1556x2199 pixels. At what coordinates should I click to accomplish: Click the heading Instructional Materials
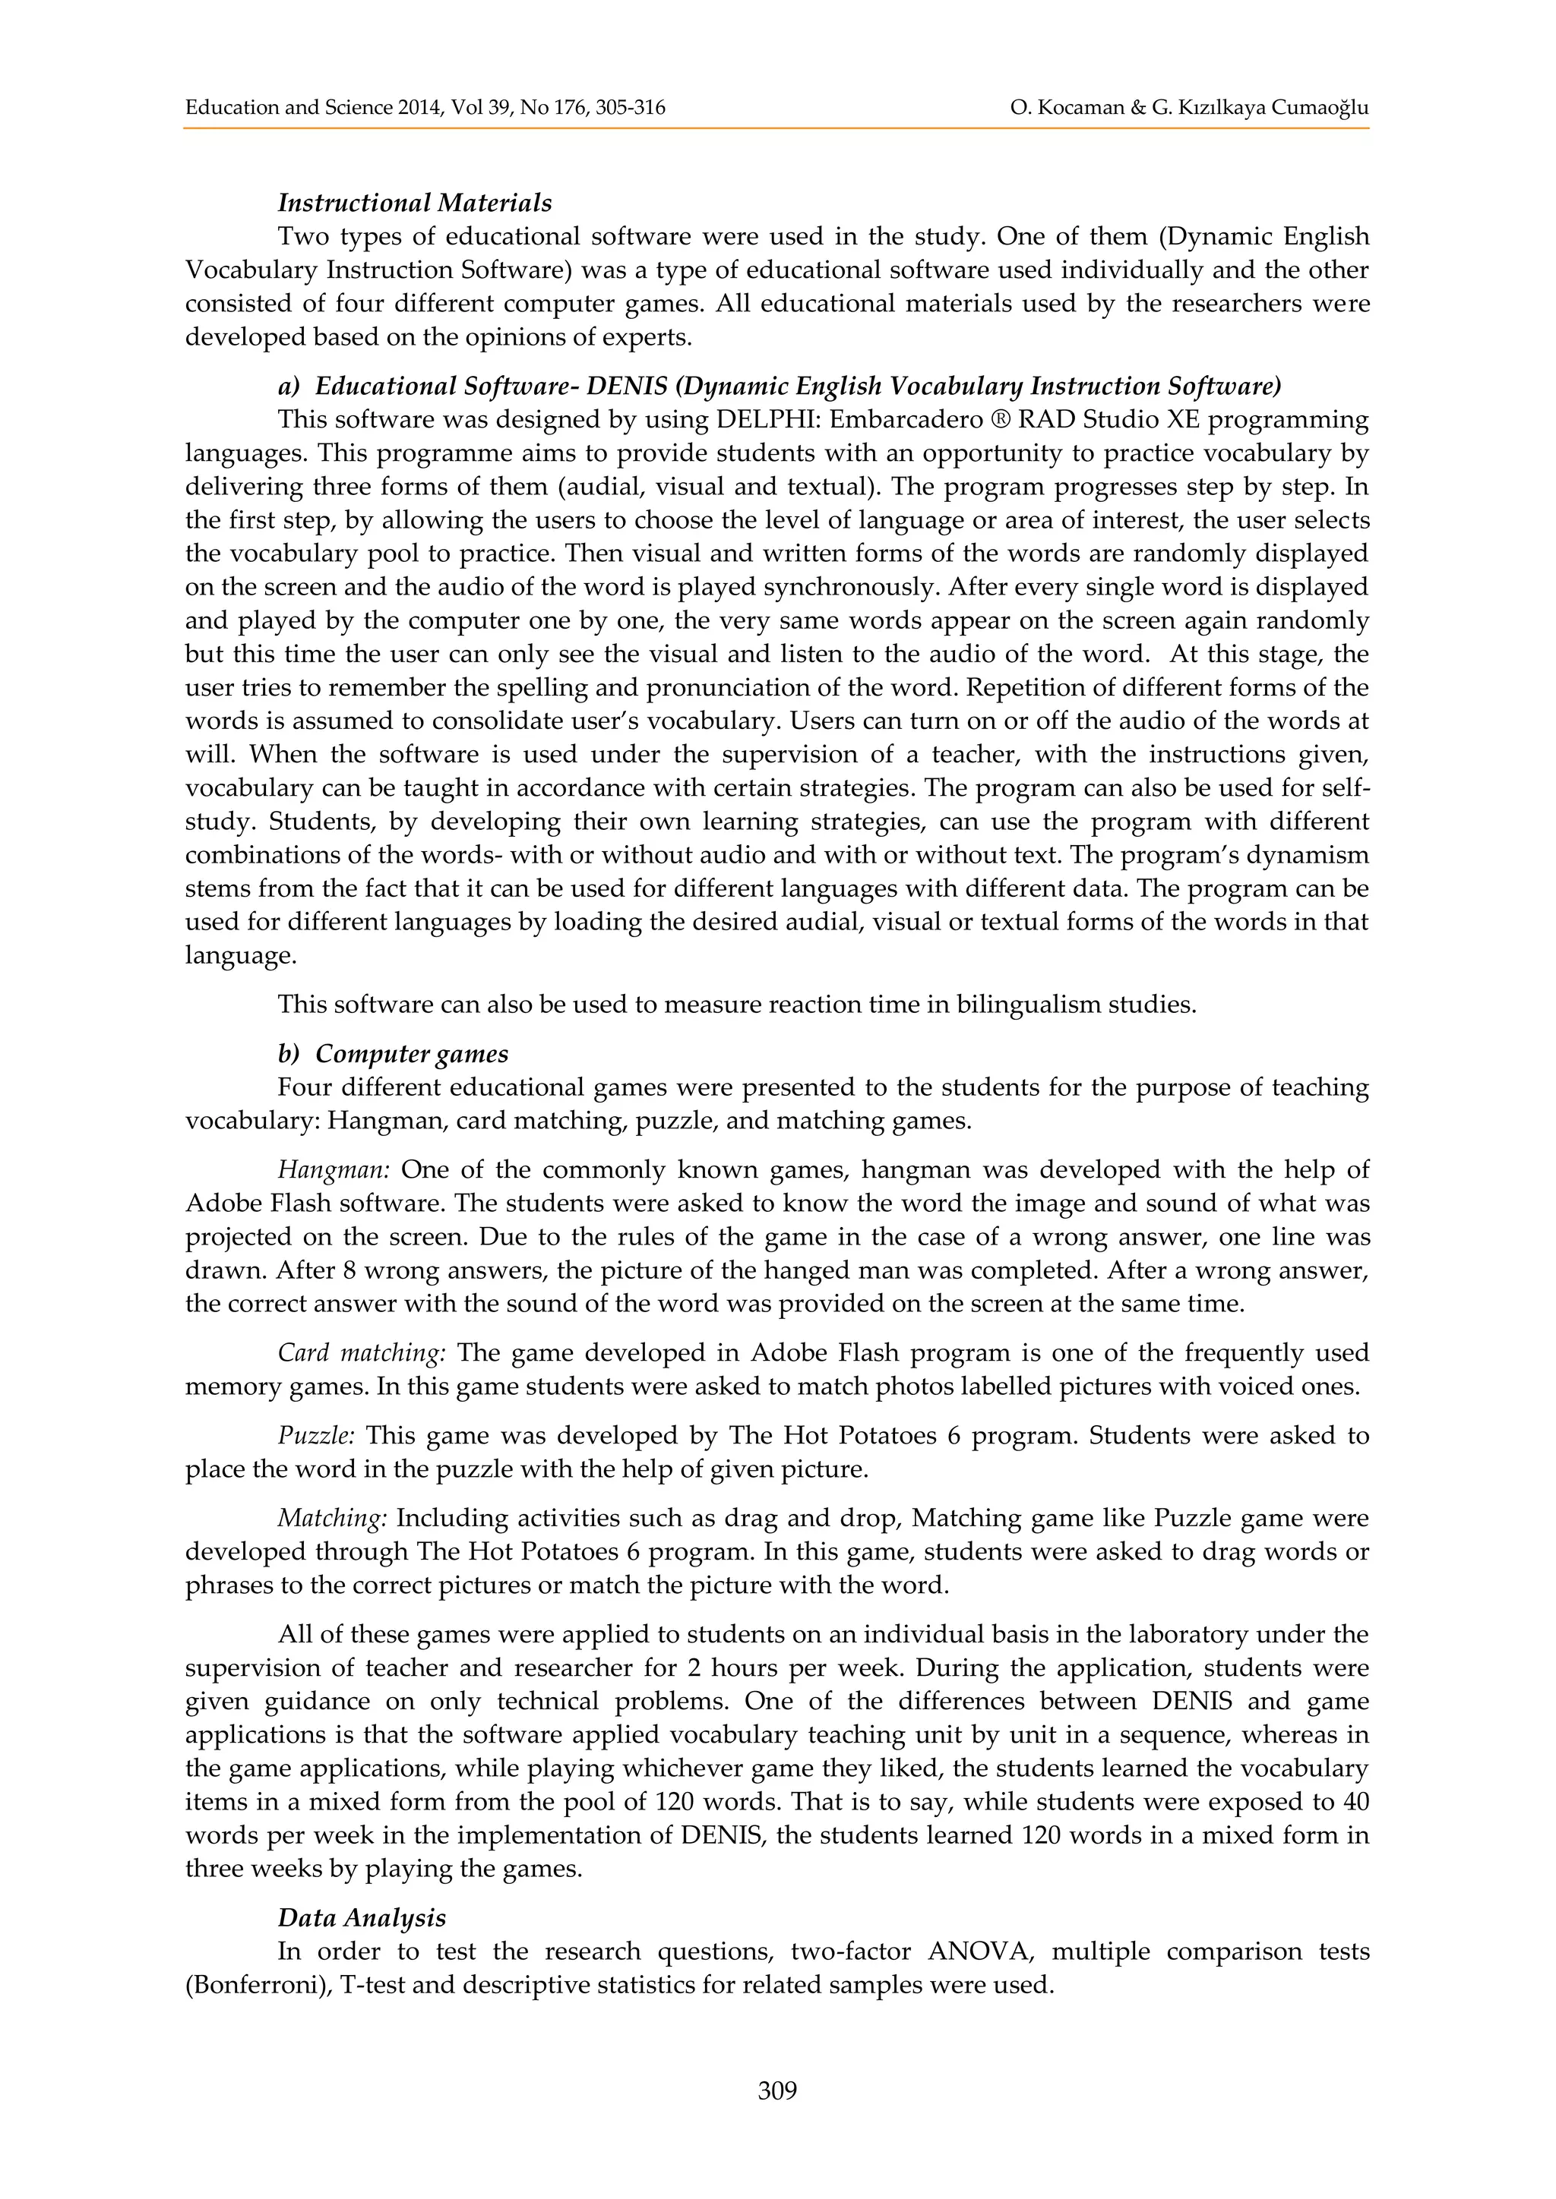tap(414, 203)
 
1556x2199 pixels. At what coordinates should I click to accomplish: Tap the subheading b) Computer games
tap(393, 1053)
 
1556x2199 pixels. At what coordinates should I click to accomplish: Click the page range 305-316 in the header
tap(630, 107)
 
